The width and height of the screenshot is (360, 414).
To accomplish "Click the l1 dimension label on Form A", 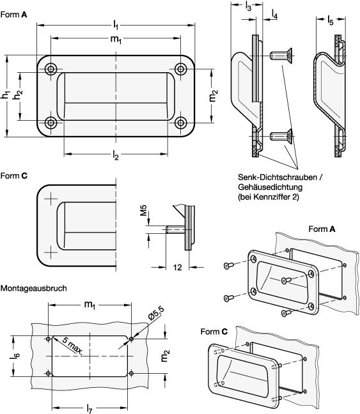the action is [116, 25].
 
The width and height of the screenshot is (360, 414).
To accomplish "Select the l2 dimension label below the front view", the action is [116, 155].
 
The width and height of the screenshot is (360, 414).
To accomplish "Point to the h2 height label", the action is [19, 95].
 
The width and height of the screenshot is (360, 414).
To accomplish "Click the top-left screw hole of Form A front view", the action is [51, 69].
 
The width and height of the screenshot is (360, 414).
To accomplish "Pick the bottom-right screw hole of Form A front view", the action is [181, 123].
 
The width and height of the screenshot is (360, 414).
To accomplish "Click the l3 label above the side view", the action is [248, 6].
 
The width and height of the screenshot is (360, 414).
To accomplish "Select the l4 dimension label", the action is [274, 14].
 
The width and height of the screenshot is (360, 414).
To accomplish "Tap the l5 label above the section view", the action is [331, 20].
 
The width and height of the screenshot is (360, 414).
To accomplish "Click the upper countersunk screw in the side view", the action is [281, 56].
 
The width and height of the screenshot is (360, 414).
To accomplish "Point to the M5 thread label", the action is [143, 210].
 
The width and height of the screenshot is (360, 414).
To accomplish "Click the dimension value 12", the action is [178, 268].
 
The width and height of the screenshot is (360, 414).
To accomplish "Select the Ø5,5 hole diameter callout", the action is [156, 314].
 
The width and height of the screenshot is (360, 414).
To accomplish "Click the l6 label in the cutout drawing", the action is [15, 356].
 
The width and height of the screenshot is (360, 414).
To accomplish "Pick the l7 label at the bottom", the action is [90, 409].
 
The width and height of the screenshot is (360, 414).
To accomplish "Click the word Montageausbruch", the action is [33, 288].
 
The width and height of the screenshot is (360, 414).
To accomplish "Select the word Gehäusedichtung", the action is [270, 187].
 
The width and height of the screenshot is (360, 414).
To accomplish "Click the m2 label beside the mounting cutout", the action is [164, 356].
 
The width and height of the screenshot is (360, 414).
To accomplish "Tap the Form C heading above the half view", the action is [13, 176].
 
